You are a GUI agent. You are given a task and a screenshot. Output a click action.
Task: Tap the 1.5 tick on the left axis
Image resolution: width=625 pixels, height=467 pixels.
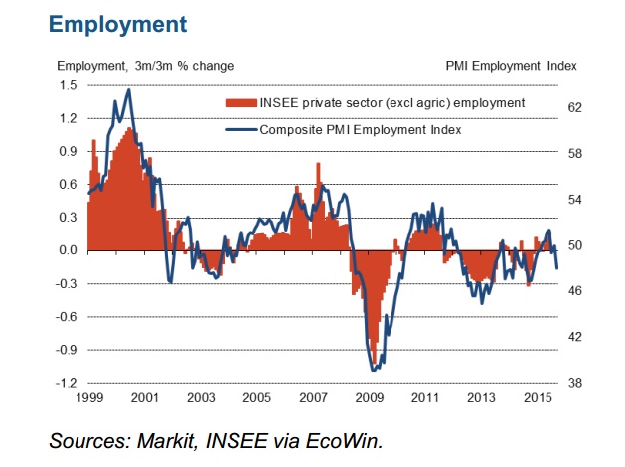click(67, 85)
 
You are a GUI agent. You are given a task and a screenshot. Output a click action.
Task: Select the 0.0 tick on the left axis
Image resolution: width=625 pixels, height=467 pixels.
click(67, 250)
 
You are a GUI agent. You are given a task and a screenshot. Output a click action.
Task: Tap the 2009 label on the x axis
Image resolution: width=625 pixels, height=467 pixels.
click(371, 398)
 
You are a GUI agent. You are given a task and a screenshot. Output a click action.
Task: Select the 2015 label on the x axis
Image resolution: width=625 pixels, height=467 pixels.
click(540, 398)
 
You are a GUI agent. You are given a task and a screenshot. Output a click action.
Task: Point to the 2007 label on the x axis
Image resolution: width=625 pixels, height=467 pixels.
click(314, 398)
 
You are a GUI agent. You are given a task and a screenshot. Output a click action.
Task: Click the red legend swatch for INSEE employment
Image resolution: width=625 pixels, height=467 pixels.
click(240, 103)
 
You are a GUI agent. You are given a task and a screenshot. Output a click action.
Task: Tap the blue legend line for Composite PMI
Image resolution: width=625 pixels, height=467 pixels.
click(240, 129)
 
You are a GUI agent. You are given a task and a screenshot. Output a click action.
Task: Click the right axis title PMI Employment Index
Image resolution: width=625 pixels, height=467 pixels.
click(513, 66)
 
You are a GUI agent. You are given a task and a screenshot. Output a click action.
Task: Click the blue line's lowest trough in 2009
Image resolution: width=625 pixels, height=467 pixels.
click(374, 371)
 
